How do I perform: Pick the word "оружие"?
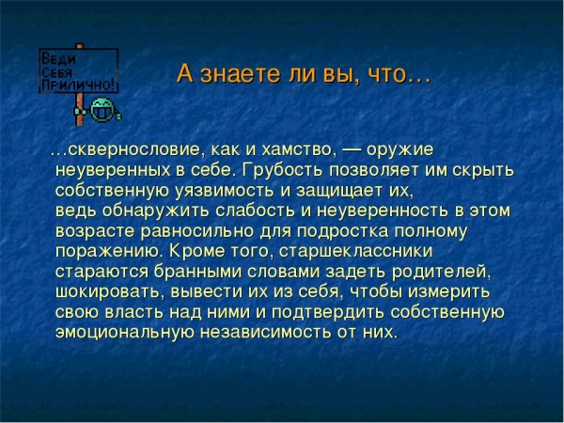tap(404, 150)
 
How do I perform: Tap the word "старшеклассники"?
tap(365, 252)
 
